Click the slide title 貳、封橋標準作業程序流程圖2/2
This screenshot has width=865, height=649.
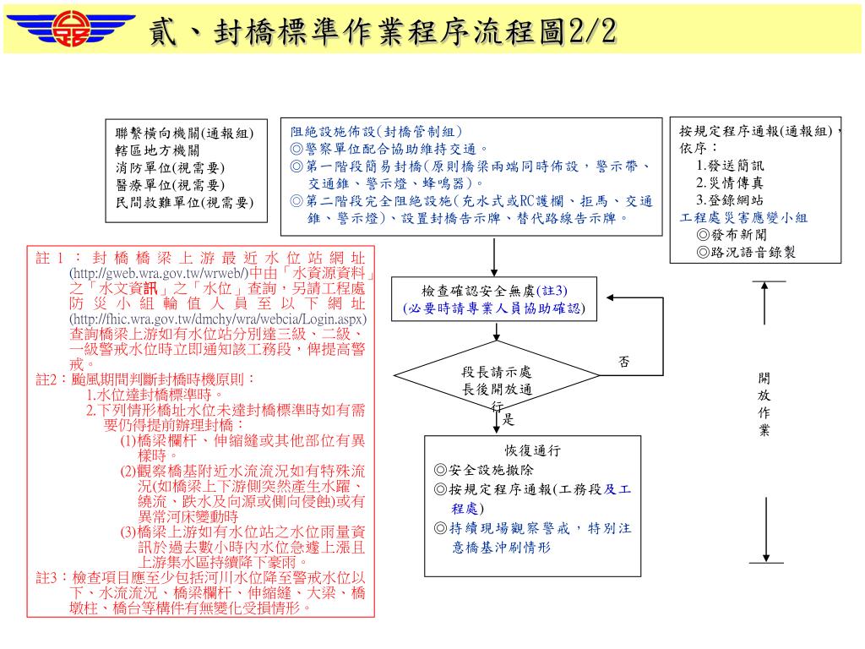(x=382, y=32)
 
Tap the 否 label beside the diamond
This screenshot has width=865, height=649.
(x=623, y=362)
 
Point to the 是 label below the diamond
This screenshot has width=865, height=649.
(x=508, y=420)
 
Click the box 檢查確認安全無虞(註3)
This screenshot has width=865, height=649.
(x=494, y=299)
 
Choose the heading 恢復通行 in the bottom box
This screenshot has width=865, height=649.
(x=533, y=451)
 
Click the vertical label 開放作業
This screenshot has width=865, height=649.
(x=764, y=405)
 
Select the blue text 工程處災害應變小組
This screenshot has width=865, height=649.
(x=743, y=217)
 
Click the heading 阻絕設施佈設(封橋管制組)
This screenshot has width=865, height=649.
(x=377, y=132)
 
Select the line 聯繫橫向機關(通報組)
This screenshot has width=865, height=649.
(x=184, y=133)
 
